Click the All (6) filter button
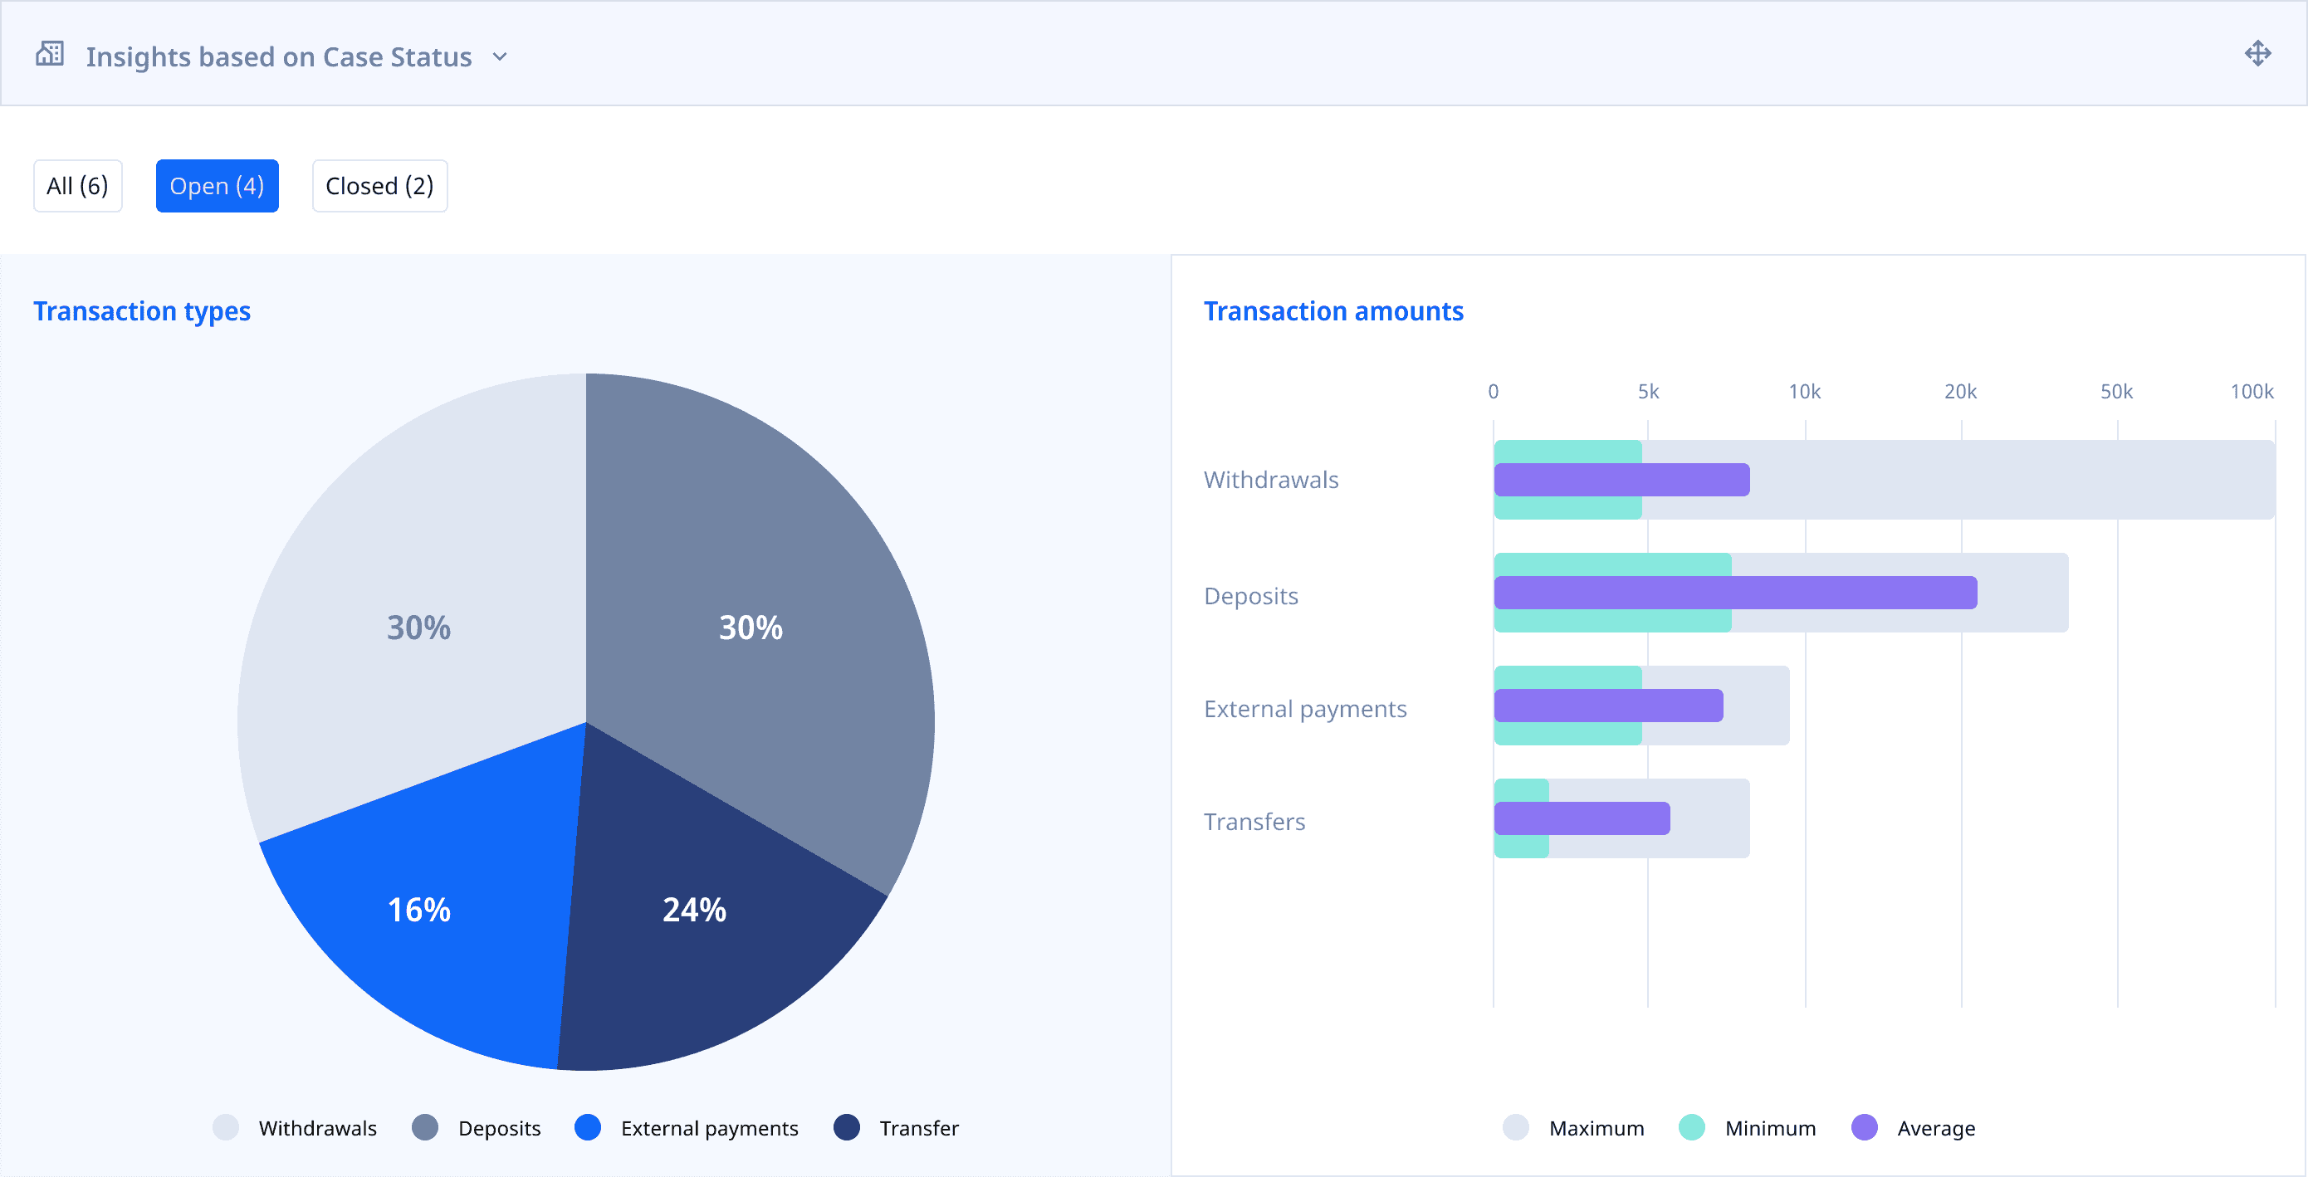(x=77, y=186)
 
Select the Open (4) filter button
(x=217, y=186)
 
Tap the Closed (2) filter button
(x=379, y=186)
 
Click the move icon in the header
(x=2257, y=54)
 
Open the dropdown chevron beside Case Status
(x=500, y=57)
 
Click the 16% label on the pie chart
(x=418, y=910)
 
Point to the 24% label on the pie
(x=693, y=910)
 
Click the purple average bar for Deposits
(x=1734, y=593)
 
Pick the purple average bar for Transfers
(x=1582, y=818)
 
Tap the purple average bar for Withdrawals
(x=1621, y=480)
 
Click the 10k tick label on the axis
(x=1803, y=393)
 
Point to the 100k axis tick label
(x=2251, y=393)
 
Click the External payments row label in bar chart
(x=1304, y=710)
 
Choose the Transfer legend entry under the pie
(x=897, y=1128)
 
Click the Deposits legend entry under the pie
(x=477, y=1128)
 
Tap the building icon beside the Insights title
(x=50, y=55)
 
